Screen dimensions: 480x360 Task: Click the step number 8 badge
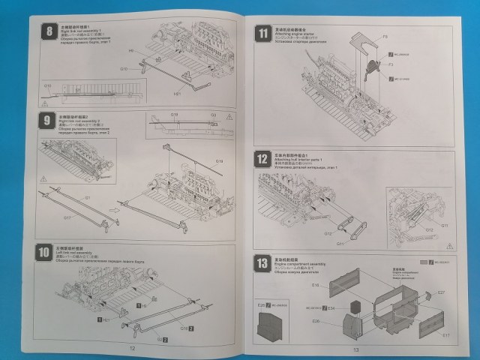pyautogui.click(x=49, y=31)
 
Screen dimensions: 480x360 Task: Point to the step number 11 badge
pyautogui.click(x=262, y=33)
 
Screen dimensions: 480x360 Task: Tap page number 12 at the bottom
pyautogui.click(x=132, y=348)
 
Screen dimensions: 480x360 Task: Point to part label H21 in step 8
pyautogui.click(x=178, y=94)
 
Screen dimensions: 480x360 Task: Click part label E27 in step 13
pyautogui.click(x=441, y=292)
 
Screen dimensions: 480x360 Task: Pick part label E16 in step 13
pyautogui.click(x=316, y=285)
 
